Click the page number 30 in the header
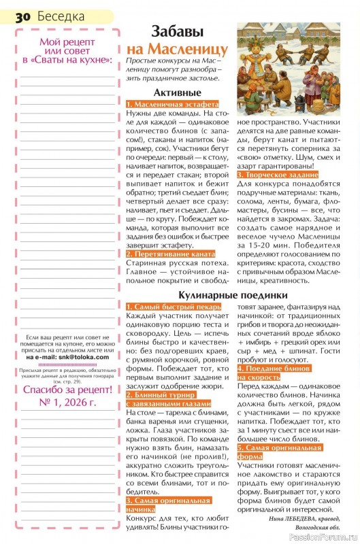pos(22,14)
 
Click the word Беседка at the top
pos(61,14)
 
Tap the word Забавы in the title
pos(179,31)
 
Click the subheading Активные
pos(177,92)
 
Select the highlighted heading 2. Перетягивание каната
pos(170,254)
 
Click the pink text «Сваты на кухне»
pos(67,60)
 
